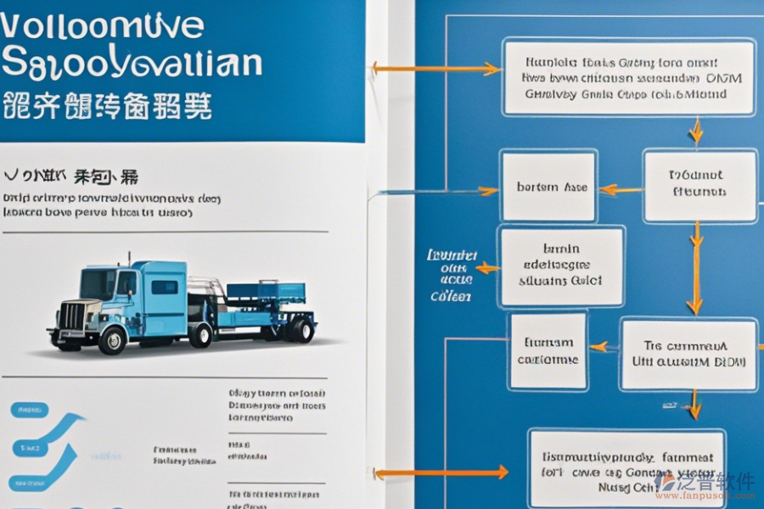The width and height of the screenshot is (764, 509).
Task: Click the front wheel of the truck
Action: pyautogui.click(x=111, y=339)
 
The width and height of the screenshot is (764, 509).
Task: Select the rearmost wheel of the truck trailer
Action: pyautogui.click(x=299, y=329)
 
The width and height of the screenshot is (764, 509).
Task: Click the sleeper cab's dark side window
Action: pyautogui.click(x=165, y=287)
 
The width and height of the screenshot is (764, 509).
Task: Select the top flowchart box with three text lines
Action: pyautogui.click(x=628, y=77)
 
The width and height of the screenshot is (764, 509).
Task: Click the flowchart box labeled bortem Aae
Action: pyautogui.click(x=548, y=187)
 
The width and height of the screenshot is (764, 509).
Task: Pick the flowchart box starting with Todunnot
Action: pyautogui.click(x=699, y=186)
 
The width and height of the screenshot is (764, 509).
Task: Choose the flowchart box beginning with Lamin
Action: pyautogui.click(x=561, y=266)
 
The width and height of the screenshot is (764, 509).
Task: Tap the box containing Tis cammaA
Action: pyautogui.click(x=688, y=355)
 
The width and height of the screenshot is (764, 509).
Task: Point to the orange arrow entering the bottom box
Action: pyautogui.click(x=441, y=473)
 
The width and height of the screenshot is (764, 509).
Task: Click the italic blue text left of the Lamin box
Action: pyautogui.click(x=452, y=275)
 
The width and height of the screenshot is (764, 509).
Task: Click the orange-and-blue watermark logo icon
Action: pyautogui.click(x=667, y=481)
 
